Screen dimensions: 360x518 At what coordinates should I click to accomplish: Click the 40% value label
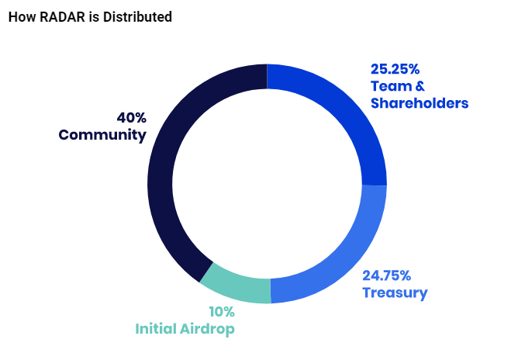[x=131, y=118]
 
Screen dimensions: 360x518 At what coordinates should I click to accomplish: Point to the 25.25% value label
[x=395, y=68]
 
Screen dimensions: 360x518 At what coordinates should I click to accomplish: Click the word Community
[x=102, y=135]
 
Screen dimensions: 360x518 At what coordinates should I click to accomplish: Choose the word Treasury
[x=395, y=292]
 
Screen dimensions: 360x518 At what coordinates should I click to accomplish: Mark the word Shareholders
[x=420, y=102]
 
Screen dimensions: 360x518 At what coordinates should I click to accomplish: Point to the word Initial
[x=157, y=329]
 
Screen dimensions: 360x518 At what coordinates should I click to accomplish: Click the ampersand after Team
[x=420, y=85]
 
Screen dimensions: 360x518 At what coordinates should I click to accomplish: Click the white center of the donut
[x=267, y=185]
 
